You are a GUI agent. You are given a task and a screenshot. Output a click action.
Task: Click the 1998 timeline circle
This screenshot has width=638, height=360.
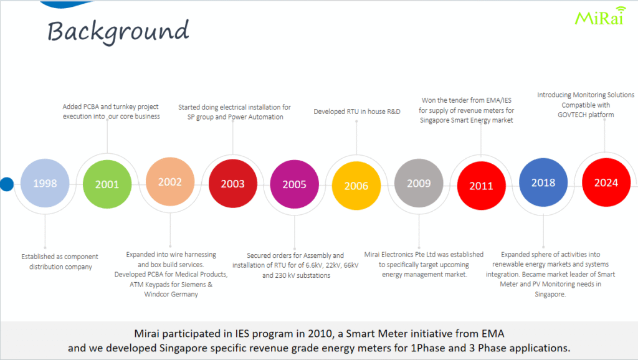tap(45, 184)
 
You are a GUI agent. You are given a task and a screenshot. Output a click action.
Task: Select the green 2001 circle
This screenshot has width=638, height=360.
tap(107, 184)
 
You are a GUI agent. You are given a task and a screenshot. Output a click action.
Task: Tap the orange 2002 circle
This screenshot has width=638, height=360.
tap(169, 182)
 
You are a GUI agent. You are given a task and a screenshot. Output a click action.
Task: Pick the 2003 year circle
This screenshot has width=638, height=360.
tap(232, 184)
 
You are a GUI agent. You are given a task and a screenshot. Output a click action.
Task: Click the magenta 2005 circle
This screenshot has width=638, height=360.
tap(294, 185)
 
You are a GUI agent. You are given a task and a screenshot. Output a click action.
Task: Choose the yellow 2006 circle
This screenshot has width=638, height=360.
tap(356, 186)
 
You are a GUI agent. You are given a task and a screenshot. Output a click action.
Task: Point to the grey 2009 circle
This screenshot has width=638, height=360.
tap(419, 184)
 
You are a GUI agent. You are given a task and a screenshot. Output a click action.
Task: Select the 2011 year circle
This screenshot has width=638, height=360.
tap(481, 186)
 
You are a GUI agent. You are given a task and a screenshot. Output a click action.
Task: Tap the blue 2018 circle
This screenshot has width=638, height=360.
tap(543, 183)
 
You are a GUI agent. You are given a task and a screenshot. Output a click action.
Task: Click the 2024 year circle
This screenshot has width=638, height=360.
tap(606, 182)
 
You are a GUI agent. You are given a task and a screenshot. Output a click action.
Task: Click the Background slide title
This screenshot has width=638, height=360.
tap(118, 31)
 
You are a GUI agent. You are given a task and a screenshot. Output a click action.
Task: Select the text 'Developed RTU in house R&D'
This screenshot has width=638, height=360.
tap(356, 111)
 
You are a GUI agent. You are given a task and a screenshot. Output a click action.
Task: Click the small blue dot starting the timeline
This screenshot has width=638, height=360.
tap(6, 184)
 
